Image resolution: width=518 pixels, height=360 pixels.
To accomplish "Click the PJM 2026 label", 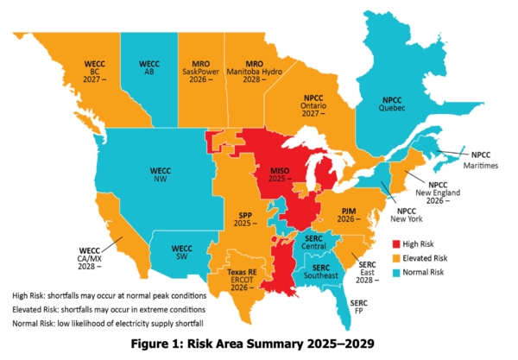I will [x=350, y=214].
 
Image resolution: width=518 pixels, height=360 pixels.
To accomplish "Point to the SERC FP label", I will [x=361, y=308].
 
